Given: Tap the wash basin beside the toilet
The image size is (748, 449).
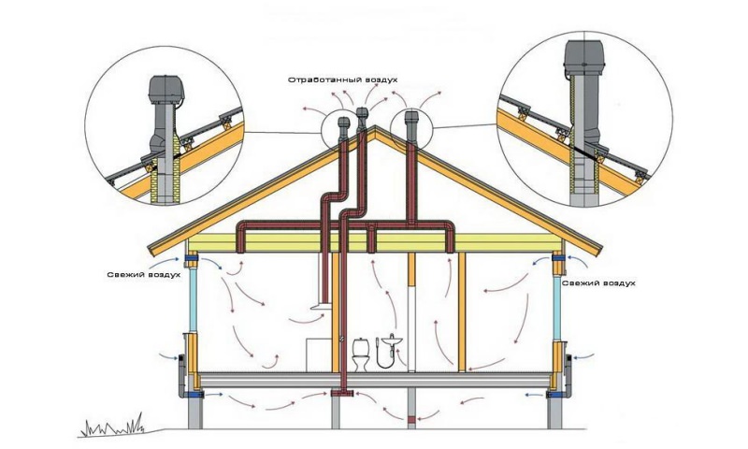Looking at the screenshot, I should pos(391,340).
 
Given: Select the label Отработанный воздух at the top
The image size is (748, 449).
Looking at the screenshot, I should pos(343,80).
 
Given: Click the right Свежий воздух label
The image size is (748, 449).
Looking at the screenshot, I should pos(602,282).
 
